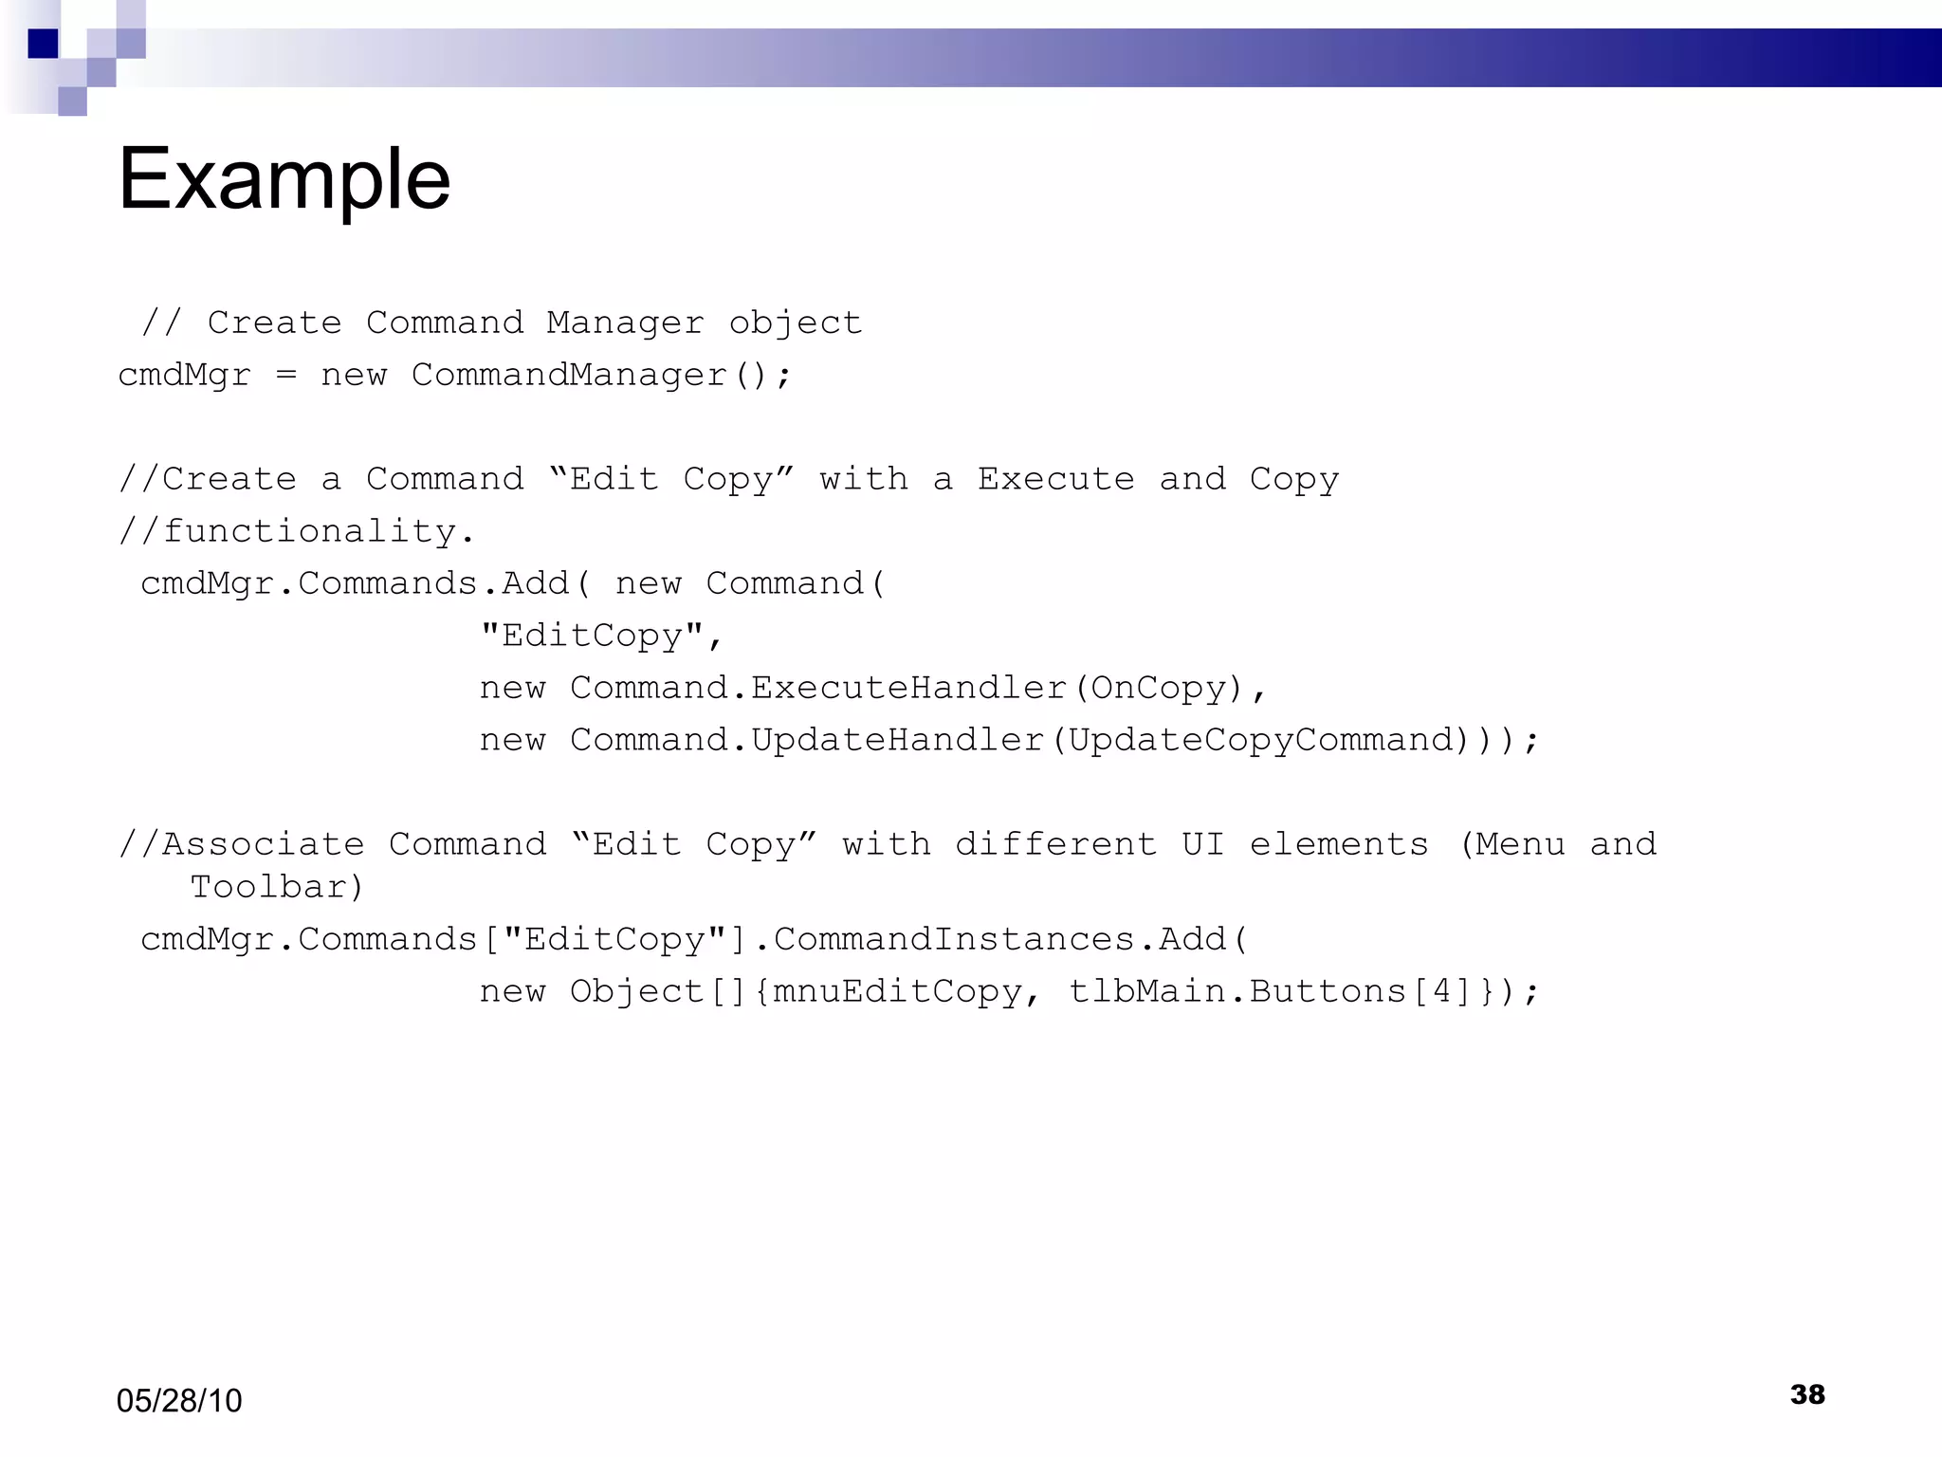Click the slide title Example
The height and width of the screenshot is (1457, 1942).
pyautogui.click(x=284, y=180)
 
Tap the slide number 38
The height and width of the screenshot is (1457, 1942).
pyautogui.click(x=1807, y=1394)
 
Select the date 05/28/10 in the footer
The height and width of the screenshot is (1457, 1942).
pyautogui.click(x=179, y=1400)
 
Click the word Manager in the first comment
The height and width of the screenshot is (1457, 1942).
pyautogui.click(x=625, y=323)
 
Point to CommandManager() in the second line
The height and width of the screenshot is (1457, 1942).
pyautogui.click(x=600, y=376)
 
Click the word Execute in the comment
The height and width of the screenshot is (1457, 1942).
pyautogui.click(x=1055, y=479)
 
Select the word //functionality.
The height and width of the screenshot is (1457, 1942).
pyautogui.click(x=296, y=531)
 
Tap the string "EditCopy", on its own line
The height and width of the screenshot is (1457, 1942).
pyautogui.click(x=602, y=636)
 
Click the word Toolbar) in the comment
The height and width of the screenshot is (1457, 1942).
pyautogui.click(x=277, y=887)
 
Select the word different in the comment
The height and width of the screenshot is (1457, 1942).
pyautogui.click(x=1055, y=844)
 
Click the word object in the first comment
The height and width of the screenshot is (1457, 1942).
pyautogui.click(x=795, y=323)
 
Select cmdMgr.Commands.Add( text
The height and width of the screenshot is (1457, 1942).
pyautogui.click(x=365, y=583)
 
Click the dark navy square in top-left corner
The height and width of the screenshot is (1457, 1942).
pyautogui.click(x=43, y=44)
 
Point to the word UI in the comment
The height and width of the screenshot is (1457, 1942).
pyautogui.click(x=1202, y=844)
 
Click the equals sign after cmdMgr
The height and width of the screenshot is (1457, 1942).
pyautogui.click(x=286, y=376)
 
